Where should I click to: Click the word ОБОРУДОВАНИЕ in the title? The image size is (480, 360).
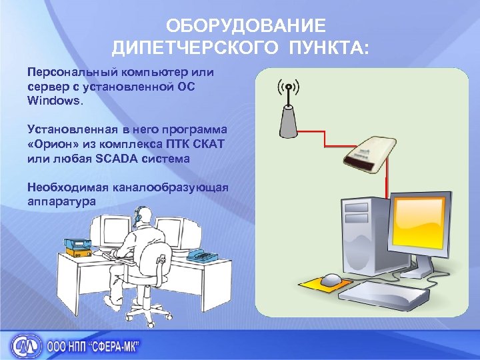pyautogui.click(x=247, y=26)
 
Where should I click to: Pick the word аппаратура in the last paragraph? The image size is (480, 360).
pyautogui.click(x=62, y=201)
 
